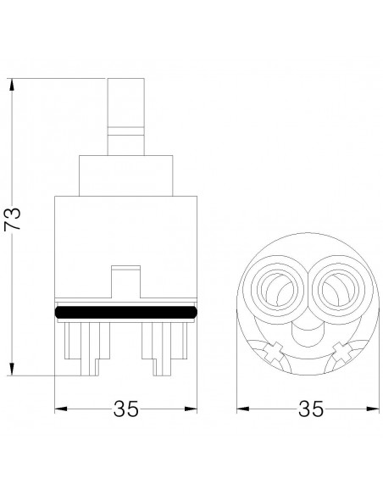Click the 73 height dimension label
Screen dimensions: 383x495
13,219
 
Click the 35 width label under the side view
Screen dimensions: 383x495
126,409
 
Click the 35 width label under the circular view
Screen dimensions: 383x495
311,409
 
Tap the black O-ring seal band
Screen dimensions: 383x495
126,312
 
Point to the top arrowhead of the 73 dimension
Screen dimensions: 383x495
12,85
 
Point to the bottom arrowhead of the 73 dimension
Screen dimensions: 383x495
12,369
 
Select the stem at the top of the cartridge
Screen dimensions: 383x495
126,116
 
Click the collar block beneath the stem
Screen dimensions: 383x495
126,175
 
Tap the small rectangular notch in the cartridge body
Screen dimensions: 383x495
126,281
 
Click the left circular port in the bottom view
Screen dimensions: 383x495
277,289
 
